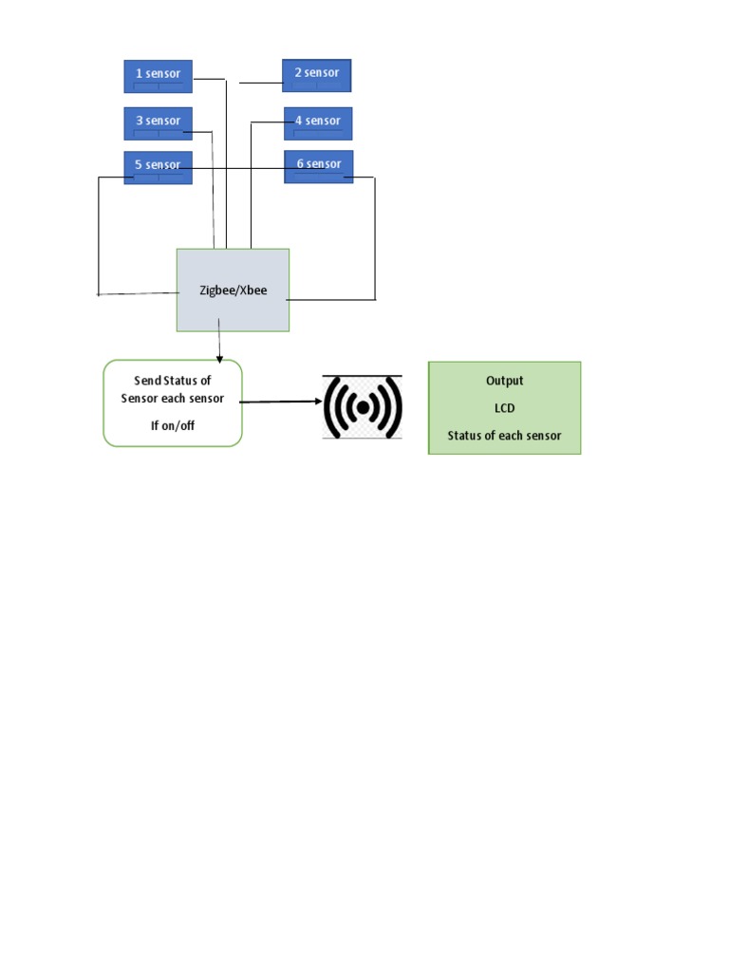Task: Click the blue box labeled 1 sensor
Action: pos(158,76)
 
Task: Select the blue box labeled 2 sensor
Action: pos(317,75)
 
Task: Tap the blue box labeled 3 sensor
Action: pos(158,122)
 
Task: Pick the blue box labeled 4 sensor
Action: pos(318,122)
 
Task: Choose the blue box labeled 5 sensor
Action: pos(158,166)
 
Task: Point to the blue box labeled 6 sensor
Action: pos(319,166)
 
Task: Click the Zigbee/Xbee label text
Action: pos(233,290)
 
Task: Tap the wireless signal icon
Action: pos(363,406)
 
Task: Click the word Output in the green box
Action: pos(504,381)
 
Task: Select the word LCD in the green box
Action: pos(504,408)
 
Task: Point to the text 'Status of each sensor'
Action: pos(504,436)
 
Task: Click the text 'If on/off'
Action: pos(172,425)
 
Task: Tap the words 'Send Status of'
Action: pos(172,381)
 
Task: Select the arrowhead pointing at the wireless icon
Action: pos(318,402)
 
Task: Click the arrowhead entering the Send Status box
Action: pos(219,358)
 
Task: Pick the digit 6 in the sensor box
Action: pos(300,164)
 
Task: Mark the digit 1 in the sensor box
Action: pos(139,74)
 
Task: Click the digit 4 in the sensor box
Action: pos(298,121)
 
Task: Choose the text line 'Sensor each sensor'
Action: pos(172,399)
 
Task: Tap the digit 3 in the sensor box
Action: pos(139,121)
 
